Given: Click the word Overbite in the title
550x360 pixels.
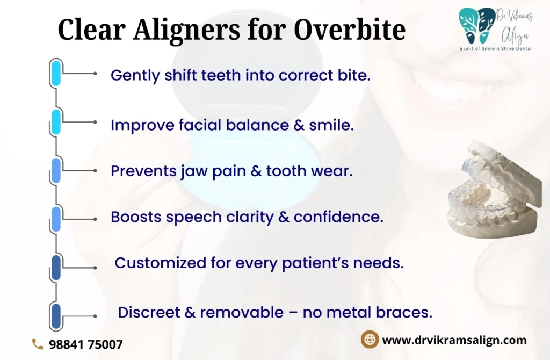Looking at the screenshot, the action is coord(350,29).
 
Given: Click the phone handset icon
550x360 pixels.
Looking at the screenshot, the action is coord(38,344).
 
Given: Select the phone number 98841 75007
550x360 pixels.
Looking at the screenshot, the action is coord(86,344).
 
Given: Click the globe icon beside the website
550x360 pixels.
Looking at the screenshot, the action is coord(370,339).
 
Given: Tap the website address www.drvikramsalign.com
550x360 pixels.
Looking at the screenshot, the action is coord(454,340).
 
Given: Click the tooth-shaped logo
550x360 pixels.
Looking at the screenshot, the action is coord(477,26).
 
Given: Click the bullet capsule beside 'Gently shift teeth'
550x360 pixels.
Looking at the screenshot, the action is coord(56,73).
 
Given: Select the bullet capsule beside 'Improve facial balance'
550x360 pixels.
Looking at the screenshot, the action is coord(56,122).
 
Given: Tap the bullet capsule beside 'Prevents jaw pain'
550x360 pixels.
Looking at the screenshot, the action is coord(56,170).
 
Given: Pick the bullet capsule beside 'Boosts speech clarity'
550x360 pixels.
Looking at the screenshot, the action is coord(56,219).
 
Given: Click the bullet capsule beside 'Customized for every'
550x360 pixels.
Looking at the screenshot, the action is coord(56,268).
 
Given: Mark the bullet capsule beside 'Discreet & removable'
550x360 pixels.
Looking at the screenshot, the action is coord(56,316).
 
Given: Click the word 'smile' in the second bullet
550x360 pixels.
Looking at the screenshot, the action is coord(330,125).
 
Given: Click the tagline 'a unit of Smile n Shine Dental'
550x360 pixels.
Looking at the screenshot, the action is coord(496,49).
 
